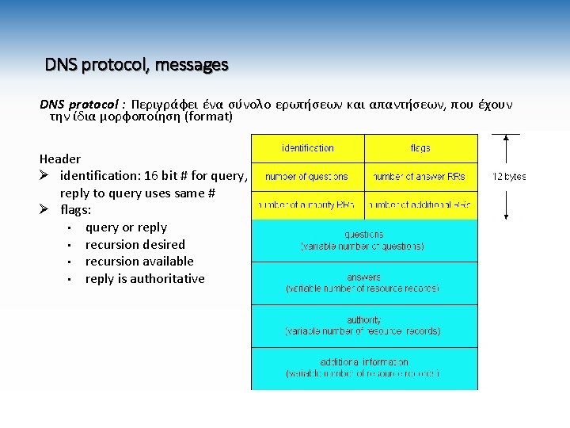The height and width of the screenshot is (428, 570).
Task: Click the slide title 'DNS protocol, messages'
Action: coord(136,64)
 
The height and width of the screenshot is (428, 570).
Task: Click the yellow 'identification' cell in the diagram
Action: coord(308,148)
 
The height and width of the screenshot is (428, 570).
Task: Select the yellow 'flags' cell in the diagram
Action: coord(420,148)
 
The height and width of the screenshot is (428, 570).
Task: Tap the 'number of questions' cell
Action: coord(308,177)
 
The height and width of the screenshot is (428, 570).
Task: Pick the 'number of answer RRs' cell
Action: coord(420,177)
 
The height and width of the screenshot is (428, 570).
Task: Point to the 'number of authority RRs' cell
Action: coord(308,205)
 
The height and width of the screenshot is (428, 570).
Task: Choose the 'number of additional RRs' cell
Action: coord(420,205)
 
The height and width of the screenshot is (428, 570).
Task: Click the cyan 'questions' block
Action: coord(364,240)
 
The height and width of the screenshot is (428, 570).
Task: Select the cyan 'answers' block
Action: coord(364,283)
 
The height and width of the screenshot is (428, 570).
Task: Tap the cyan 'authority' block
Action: coord(364,326)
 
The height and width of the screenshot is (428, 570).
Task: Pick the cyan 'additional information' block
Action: coord(364,368)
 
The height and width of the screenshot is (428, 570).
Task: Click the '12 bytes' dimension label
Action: coord(509,177)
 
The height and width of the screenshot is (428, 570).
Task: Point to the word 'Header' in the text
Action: coord(60,159)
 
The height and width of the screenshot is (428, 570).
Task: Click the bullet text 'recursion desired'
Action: coord(135,244)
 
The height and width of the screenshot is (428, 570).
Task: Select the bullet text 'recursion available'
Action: coord(139,261)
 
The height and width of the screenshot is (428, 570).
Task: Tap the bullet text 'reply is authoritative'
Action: coord(145,278)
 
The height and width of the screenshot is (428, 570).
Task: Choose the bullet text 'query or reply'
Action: coord(126,227)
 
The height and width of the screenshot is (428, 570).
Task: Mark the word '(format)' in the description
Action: coord(207,117)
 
